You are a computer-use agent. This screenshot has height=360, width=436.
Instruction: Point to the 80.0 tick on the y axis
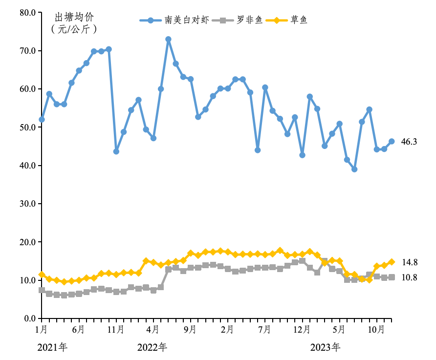point(27,13)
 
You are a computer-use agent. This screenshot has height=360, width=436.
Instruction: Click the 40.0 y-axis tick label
point(27,166)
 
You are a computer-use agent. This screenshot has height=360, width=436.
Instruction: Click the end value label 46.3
point(409,142)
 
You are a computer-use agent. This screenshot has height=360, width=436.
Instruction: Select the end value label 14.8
point(409,262)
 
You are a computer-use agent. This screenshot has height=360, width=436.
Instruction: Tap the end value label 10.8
point(409,277)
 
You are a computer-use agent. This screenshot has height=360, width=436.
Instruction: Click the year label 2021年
point(52,347)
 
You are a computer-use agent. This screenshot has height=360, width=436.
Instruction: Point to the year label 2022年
point(152,347)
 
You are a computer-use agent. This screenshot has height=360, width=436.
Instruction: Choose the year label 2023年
point(326,347)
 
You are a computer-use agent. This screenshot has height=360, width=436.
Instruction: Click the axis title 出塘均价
point(74,18)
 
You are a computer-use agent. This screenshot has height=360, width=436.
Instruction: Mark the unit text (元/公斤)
point(74,29)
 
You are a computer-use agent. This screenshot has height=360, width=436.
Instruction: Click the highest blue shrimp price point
point(168,39)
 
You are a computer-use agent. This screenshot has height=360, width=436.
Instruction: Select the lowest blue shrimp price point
point(354,169)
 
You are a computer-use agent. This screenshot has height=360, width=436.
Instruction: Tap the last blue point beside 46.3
point(392,142)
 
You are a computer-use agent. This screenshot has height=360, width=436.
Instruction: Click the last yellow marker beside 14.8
point(392,262)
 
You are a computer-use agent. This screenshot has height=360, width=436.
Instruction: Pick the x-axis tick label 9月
point(190,330)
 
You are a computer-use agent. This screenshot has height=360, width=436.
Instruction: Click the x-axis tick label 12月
point(301,330)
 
